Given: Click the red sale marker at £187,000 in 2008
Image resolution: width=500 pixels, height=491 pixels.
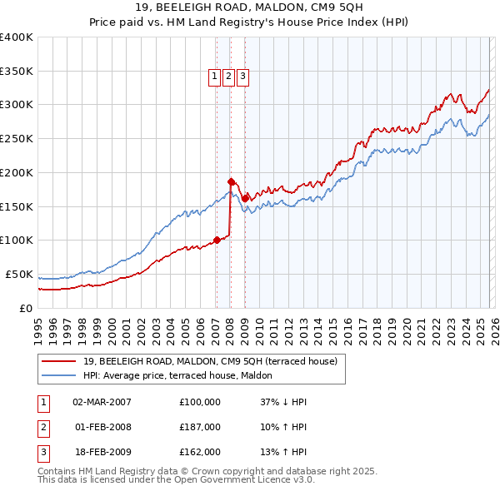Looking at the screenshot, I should (231, 181).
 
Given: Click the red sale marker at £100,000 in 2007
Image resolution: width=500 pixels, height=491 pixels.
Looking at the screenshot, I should (217, 240).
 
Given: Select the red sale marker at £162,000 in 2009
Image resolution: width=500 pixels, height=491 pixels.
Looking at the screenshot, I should (245, 198).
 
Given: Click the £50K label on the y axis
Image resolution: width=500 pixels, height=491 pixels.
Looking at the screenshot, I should (19, 274).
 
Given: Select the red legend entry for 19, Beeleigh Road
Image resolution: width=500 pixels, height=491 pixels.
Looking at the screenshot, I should (209, 361).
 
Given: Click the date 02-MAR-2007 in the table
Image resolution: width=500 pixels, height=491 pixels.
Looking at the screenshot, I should (102, 402).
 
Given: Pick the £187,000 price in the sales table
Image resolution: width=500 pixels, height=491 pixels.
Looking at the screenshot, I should (200, 427).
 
